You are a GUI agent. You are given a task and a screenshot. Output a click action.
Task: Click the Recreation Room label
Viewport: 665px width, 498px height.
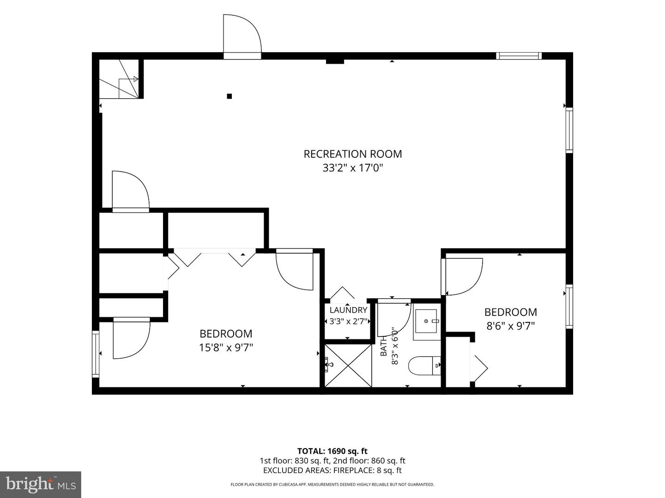tap(353, 154)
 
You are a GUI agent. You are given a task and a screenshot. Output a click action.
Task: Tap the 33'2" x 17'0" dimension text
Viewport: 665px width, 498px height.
tap(353, 168)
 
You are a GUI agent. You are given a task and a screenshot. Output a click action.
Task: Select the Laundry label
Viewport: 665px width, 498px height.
tap(348, 310)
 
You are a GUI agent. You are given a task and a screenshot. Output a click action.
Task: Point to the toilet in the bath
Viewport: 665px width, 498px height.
tap(424, 366)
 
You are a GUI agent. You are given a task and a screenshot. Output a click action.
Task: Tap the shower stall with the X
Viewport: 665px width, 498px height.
tap(348, 366)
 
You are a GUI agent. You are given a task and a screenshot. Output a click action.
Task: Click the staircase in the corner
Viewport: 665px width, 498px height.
tap(119, 78)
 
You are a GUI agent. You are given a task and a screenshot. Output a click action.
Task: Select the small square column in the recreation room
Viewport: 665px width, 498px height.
tap(230, 96)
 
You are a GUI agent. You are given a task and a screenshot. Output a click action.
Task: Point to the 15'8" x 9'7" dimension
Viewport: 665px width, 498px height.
tap(226, 348)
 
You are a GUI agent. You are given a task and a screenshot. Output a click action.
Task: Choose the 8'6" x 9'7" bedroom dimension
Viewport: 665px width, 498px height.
tap(510, 326)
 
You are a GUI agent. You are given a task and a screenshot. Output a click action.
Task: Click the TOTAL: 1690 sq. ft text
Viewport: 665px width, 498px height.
tap(332, 451)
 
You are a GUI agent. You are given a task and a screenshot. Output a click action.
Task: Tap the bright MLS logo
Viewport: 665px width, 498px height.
tap(41, 484)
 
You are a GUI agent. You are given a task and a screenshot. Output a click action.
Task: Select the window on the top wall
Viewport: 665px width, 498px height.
tap(519, 56)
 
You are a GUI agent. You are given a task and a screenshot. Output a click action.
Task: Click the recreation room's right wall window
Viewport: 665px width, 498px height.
tap(569, 130)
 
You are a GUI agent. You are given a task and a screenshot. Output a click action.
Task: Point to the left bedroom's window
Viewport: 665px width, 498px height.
tap(96, 354)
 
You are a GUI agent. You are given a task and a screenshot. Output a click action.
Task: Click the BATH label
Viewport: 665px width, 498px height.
tap(384, 346)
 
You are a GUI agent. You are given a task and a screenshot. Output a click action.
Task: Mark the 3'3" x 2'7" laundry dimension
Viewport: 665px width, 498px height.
tap(348, 321)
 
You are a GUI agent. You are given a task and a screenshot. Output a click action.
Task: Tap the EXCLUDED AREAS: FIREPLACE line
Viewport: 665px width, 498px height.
tap(332, 470)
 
